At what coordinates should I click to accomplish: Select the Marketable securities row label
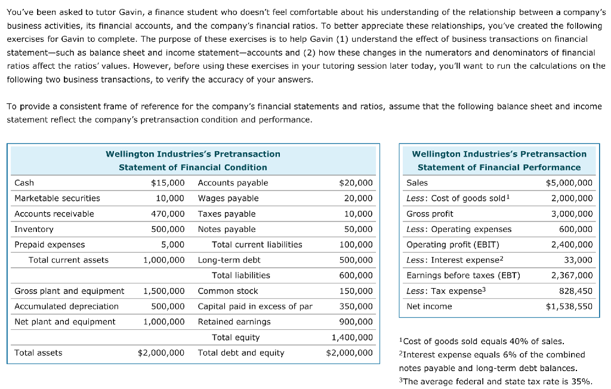(x=57, y=198)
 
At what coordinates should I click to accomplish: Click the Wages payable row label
(x=228, y=198)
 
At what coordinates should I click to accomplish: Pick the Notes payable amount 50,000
(x=359, y=229)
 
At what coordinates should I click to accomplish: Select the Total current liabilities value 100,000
(x=356, y=244)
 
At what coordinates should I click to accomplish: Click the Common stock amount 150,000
(x=356, y=291)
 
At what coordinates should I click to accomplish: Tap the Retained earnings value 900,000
(x=356, y=322)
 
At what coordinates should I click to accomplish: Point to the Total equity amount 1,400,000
(x=352, y=338)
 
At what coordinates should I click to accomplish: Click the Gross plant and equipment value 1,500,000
(x=163, y=291)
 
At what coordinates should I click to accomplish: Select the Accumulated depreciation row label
(x=66, y=307)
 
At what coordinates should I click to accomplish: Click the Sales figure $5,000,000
(x=569, y=183)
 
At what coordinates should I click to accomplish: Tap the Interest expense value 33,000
(x=578, y=260)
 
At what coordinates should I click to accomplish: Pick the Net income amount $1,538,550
(x=569, y=307)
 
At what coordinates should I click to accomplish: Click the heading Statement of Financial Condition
(x=193, y=167)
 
